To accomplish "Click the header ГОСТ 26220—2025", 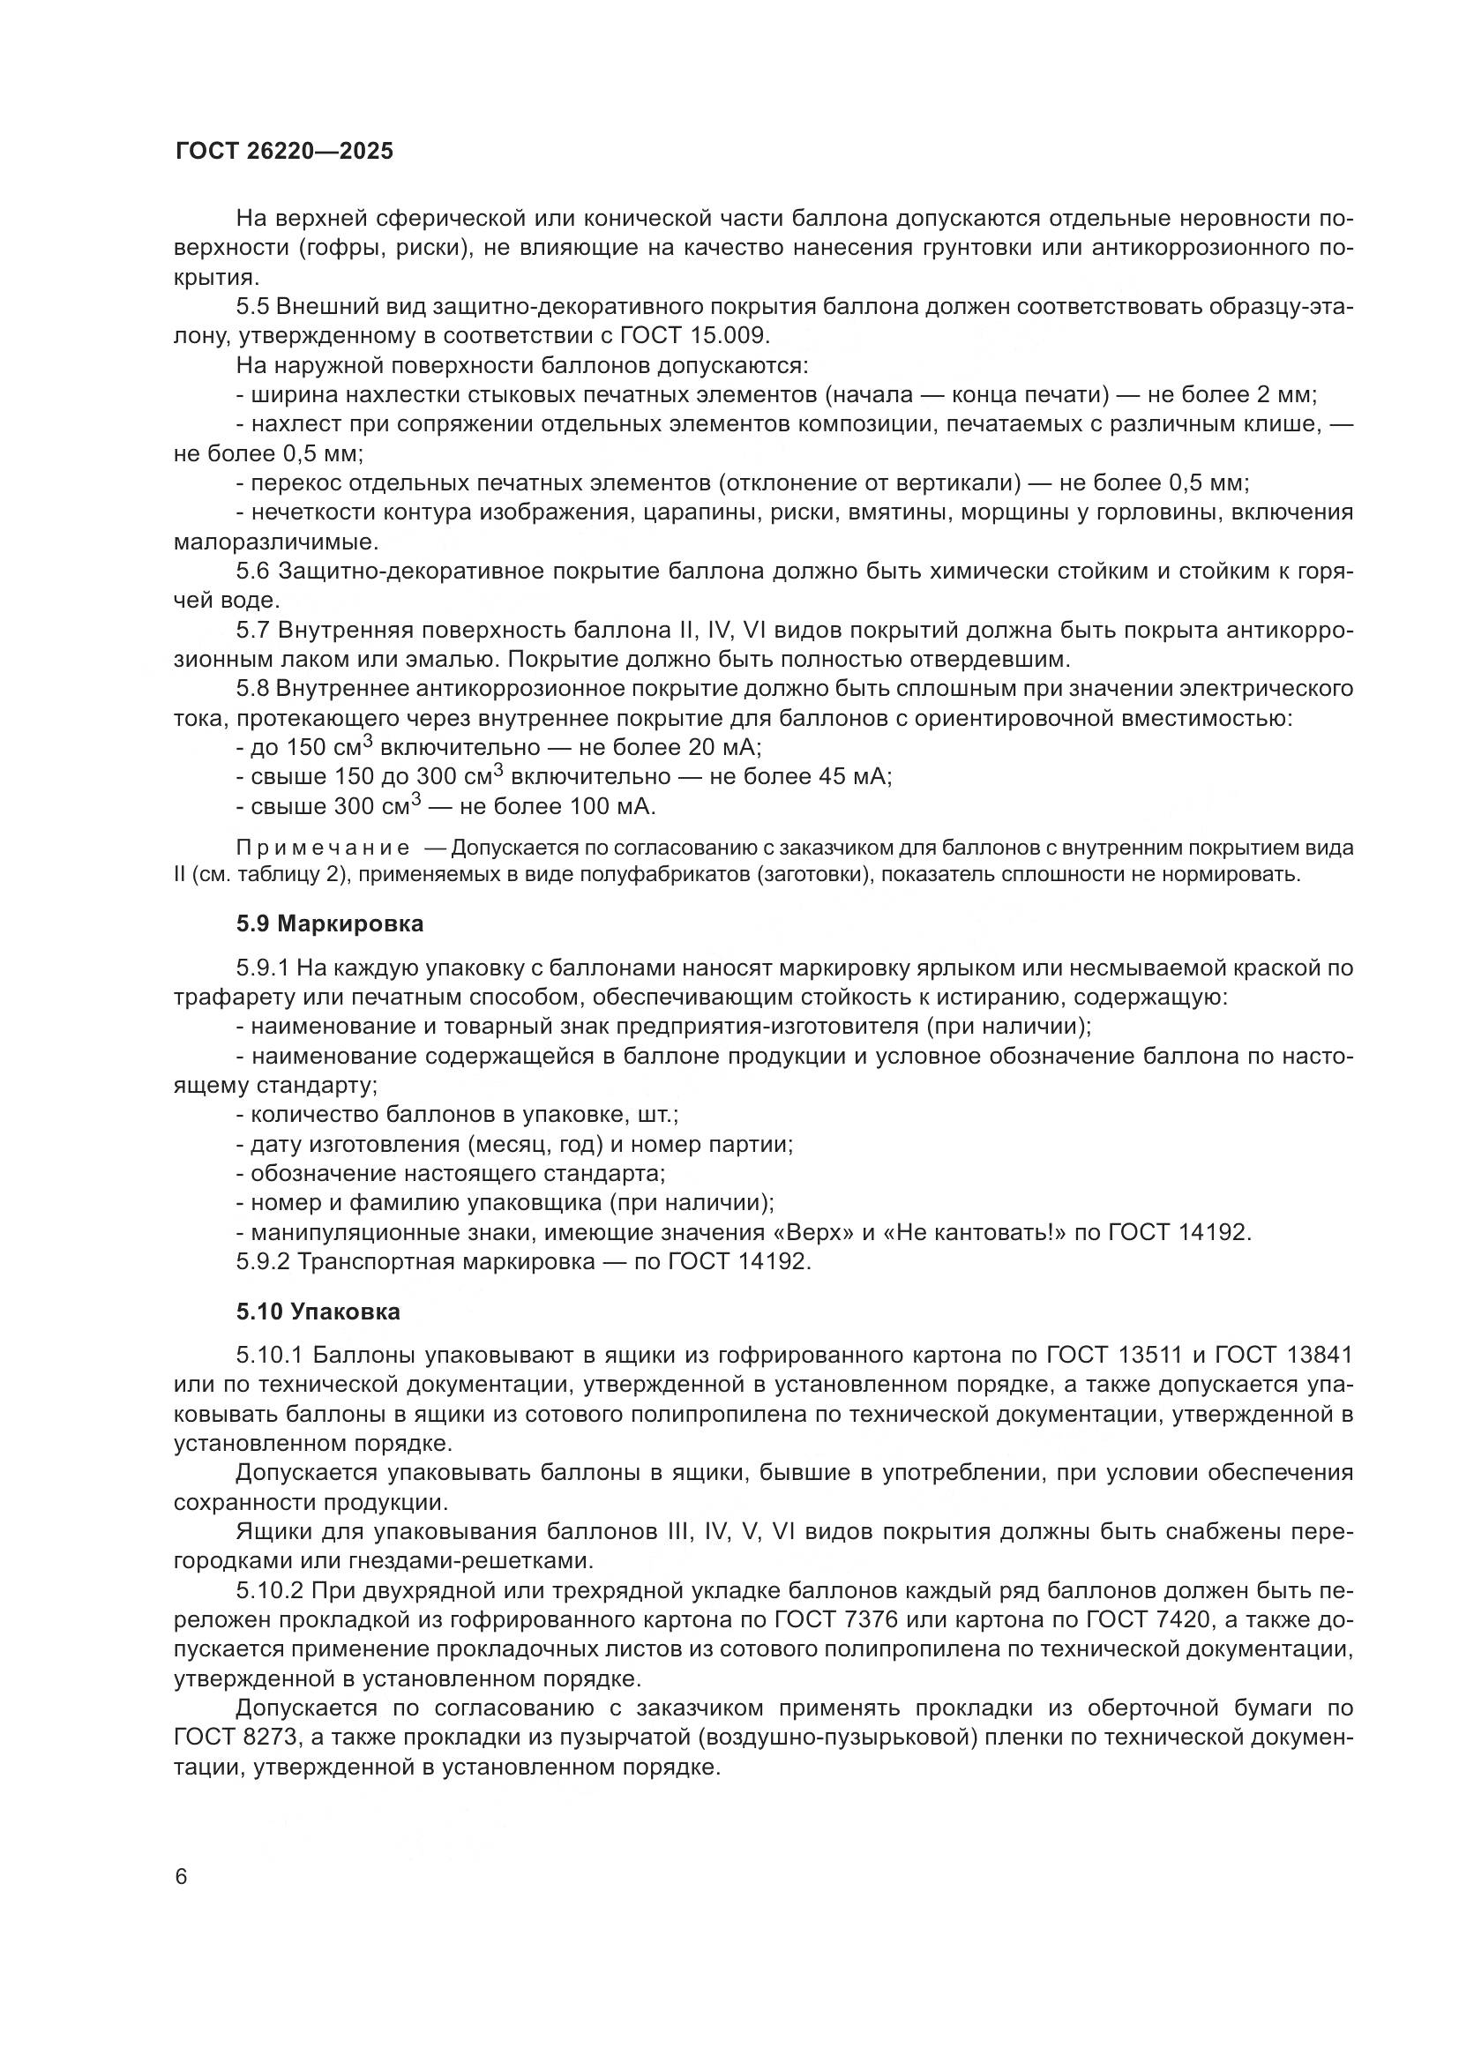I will click(x=284, y=151).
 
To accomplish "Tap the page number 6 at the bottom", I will click(x=182, y=1877).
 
